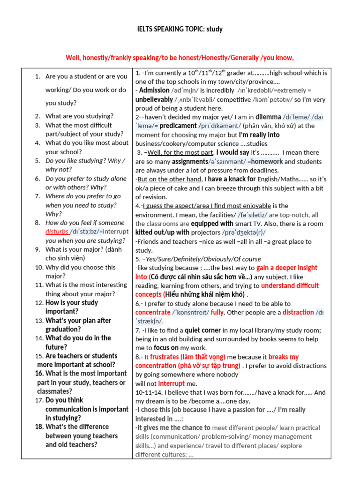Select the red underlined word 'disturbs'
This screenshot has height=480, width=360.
(57, 232)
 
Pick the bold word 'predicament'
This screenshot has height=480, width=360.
(178, 126)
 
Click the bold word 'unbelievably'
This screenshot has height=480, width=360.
(154, 99)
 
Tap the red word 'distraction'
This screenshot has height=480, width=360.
(299, 312)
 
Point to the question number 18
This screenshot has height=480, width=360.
(39, 427)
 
